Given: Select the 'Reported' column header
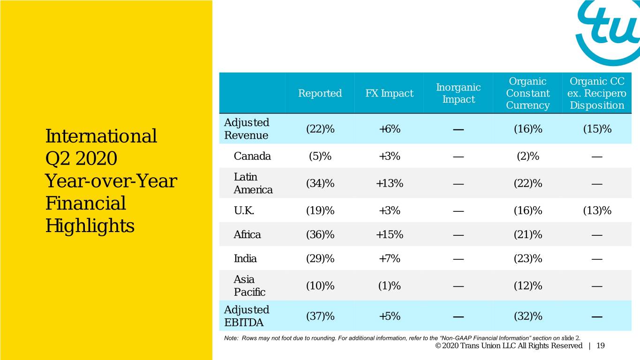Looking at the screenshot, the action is (x=320, y=93).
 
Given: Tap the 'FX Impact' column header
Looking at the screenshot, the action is (x=390, y=93).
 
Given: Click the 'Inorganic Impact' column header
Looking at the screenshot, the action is (x=458, y=93).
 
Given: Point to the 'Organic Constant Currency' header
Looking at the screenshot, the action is (x=528, y=93).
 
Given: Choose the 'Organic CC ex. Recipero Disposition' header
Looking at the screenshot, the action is (x=597, y=93).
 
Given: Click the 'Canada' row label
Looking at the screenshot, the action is (x=252, y=156).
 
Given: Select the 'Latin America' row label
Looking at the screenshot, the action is (x=253, y=183).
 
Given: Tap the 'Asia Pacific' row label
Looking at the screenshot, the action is (x=249, y=285).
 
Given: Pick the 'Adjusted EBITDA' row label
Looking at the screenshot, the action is (x=247, y=316).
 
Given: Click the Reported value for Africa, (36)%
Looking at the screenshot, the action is (x=320, y=234).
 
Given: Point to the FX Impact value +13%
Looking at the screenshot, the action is (x=390, y=183).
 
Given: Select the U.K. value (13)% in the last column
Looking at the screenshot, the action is (x=597, y=210).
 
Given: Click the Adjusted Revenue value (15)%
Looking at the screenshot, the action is (x=597, y=129).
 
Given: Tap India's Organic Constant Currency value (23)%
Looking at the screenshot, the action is (x=528, y=259).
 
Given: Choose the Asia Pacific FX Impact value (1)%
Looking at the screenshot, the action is (x=390, y=285).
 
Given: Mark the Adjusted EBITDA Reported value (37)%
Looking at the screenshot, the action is (x=320, y=316).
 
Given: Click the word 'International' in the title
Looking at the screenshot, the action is (x=101, y=136).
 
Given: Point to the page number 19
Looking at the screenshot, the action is (x=601, y=346).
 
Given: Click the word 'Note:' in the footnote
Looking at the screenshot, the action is (x=231, y=338).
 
